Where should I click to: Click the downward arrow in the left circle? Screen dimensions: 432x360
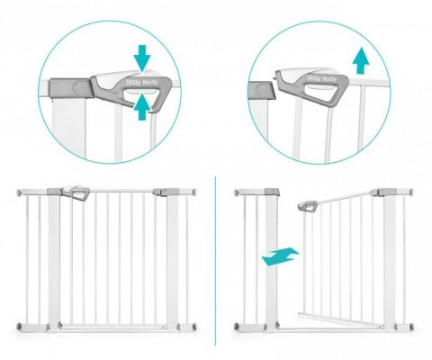tap(142, 58)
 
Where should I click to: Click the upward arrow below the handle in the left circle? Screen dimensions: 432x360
tap(142, 107)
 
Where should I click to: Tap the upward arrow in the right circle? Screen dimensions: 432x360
tap(361, 60)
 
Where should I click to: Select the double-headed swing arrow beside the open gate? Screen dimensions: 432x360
tap(280, 256)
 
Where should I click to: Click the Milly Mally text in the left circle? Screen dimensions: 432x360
tap(142, 82)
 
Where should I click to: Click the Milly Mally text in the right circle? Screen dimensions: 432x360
tap(321, 79)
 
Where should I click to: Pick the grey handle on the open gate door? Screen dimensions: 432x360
tap(308, 206)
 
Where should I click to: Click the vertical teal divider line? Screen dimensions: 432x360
tap(215, 261)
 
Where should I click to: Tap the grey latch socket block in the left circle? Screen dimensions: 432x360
tap(70, 88)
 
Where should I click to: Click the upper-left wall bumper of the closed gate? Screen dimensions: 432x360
tap(19, 192)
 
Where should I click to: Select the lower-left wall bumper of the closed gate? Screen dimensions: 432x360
tap(19, 327)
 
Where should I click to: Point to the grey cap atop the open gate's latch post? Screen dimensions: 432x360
tap(272, 192)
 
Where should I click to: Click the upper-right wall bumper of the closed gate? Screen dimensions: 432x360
tap(194, 192)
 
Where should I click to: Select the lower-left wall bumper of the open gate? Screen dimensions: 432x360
tap(237, 327)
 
